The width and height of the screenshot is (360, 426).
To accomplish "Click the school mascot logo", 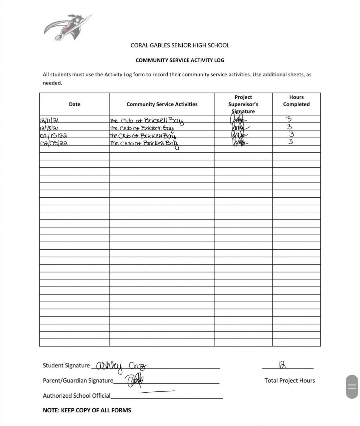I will coord(68,28).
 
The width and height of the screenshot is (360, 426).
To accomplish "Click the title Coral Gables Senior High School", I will coord(180,45).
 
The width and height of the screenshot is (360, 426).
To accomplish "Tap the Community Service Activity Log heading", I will coord(180,60).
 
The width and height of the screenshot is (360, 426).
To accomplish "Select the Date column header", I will coord(75,104).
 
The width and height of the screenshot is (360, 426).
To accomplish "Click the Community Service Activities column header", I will coord(162,104).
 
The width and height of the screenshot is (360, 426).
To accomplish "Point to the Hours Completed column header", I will coord(296,101).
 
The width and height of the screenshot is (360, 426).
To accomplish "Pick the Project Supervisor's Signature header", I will coord(243,104).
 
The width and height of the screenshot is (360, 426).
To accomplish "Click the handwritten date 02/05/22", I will coord(54,143).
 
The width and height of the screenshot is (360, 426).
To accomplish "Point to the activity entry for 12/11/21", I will coord(146,121).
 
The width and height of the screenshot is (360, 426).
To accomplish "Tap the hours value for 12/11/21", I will coord(289,119).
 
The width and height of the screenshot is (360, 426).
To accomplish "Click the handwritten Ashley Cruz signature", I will coord(120,366).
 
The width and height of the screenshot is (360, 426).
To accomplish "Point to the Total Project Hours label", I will coord(289,380).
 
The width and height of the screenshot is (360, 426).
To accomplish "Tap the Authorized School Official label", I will coord(77,395).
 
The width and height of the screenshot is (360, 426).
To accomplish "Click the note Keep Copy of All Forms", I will coord(87,410).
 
